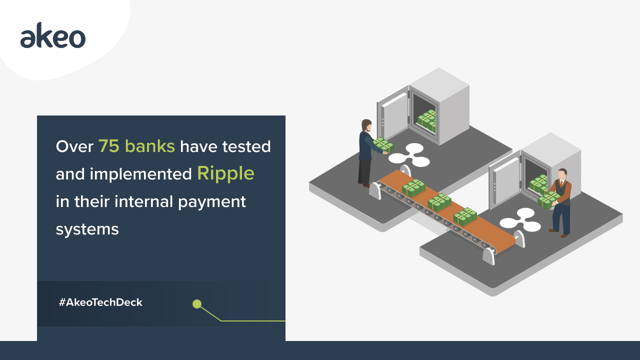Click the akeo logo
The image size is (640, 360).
(x=53, y=35)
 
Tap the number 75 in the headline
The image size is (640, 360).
(x=109, y=146)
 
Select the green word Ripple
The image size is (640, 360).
(x=225, y=173)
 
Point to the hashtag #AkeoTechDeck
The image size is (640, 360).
(x=100, y=302)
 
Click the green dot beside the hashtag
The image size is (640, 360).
(x=197, y=304)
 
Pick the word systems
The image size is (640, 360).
(x=87, y=229)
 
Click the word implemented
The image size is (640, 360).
(x=140, y=174)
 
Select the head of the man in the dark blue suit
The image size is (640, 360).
(x=366, y=125)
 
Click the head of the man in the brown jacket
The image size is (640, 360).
(x=562, y=174)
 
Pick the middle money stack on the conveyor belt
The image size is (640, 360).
(x=439, y=202)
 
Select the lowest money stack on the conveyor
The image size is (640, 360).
(x=465, y=216)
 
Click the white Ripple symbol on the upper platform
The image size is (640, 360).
(x=409, y=155)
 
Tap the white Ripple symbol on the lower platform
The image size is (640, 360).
(x=520, y=220)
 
